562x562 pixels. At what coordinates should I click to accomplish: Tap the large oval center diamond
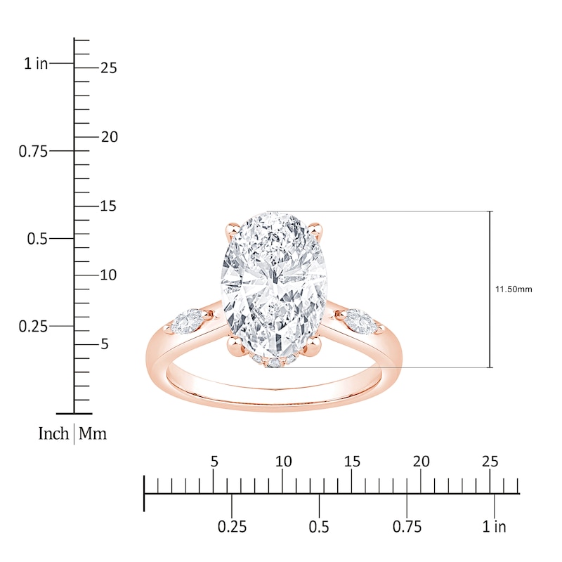pos(275,285)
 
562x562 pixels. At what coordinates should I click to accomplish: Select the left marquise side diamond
pos(185,322)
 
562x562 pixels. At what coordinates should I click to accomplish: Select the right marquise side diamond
pos(362,319)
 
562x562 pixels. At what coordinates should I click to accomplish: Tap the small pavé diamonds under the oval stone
pos(274,362)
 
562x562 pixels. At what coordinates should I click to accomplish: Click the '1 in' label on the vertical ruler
pos(36,64)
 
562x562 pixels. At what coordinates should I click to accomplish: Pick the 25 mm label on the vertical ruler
pos(108,68)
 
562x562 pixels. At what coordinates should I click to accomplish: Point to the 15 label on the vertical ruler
pos(108,207)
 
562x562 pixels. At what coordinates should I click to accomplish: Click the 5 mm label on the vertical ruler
pos(105,344)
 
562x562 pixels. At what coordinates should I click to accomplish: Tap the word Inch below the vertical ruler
pos(53,434)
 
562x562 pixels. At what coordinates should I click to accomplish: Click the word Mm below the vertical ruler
pos(93,434)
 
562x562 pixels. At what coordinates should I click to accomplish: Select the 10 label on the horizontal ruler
pos(283,462)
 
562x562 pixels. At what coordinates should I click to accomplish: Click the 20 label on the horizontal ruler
pos(421,462)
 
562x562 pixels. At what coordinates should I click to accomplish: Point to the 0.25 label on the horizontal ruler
pos(232,527)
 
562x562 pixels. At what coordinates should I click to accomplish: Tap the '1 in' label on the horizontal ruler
pos(495,527)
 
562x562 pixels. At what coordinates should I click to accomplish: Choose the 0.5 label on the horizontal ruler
pos(320,527)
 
